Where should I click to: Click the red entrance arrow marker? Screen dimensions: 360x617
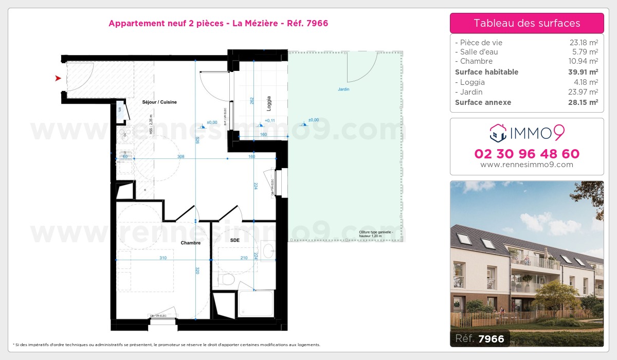pos(58,78)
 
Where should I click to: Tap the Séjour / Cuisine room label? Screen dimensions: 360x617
pos(159,102)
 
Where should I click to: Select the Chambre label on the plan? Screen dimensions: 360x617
pos(190,243)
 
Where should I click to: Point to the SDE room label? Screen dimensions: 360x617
pos(234,240)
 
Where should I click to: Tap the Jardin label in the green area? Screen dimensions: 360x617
pos(343,89)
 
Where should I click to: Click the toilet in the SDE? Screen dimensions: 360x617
pos(226,280)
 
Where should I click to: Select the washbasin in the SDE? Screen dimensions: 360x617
pos(268,251)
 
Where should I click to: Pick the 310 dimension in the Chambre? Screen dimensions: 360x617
pos(163,258)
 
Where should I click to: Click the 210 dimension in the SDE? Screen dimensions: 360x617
pos(244,258)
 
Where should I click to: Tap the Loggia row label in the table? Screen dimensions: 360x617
pos(472,82)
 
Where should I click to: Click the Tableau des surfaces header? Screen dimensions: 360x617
pos(527,23)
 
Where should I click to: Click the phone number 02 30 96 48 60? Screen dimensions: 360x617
pos(527,154)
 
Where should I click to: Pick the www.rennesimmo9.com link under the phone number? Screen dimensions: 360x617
pos(527,165)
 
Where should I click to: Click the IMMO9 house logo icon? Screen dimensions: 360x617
pos(497,133)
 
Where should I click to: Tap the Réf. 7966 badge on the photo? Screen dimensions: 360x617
pos(480,338)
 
